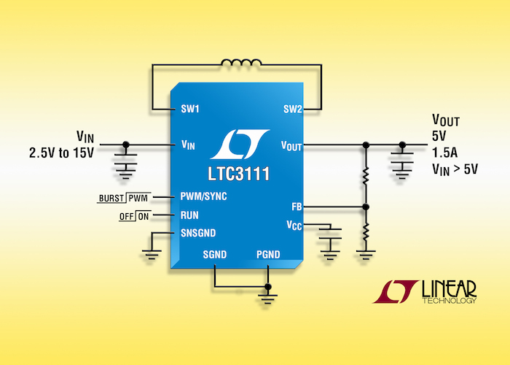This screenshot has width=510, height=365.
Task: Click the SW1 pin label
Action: point(190,109)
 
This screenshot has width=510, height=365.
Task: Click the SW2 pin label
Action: point(293,109)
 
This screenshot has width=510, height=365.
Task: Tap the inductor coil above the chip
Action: point(241,63)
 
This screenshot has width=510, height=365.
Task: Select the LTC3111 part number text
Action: point(239,174)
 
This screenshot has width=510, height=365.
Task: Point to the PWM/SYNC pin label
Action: point(203,196)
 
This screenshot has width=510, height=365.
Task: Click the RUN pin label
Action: point(189,215)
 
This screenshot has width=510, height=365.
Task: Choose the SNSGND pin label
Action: point(198,233)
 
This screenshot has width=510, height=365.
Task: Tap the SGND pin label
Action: point(215,255)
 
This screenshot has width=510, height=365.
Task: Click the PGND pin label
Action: point(268,255)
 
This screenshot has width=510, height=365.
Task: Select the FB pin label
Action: point(297,207)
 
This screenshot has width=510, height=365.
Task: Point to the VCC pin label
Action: point(294,225)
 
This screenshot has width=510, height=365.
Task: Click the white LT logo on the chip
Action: point(240,144)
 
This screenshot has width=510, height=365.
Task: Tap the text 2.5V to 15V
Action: point(61,153)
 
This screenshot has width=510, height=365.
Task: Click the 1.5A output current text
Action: point(444,152)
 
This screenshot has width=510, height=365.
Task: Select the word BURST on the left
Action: point(111,198)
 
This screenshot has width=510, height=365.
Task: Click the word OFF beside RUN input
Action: point(127,217)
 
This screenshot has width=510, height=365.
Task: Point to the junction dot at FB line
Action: point(366,207)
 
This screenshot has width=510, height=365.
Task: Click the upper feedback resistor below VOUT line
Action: point(366,175)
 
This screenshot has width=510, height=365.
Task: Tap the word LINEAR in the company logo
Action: point(450,289)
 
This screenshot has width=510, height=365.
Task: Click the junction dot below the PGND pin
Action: point(268,287)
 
